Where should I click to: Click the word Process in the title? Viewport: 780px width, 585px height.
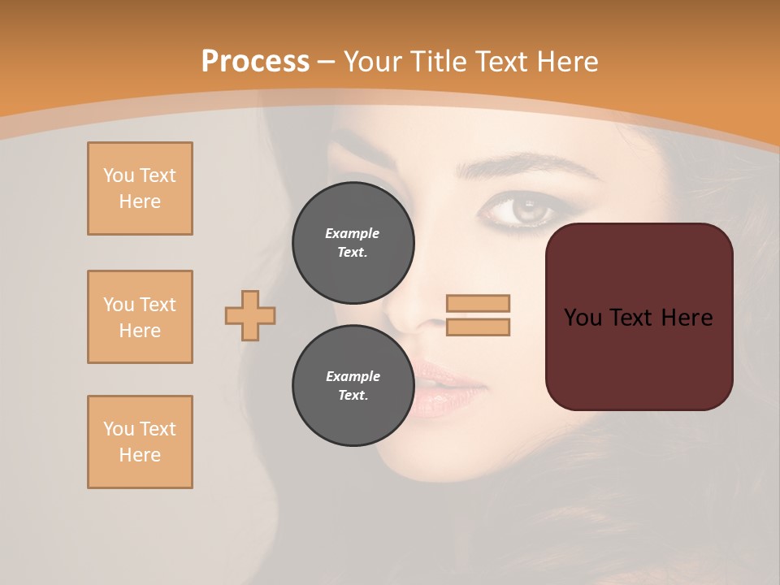255,62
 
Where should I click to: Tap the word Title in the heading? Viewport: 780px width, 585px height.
443,62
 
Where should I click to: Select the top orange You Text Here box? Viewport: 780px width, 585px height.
140,188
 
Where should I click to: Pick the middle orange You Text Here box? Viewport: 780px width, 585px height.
140,317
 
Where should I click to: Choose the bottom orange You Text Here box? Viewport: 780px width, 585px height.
140,442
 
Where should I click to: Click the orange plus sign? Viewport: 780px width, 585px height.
250,315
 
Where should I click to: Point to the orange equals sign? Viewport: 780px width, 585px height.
478,315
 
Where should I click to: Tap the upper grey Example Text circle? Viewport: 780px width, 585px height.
353,243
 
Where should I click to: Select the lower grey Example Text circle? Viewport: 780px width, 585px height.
353,386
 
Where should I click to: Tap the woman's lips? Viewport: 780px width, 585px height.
443,386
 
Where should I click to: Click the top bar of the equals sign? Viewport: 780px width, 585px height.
478,304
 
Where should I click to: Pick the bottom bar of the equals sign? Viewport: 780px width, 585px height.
478,327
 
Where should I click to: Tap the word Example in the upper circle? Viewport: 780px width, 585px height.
353,233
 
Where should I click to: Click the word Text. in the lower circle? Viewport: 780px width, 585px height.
353,396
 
